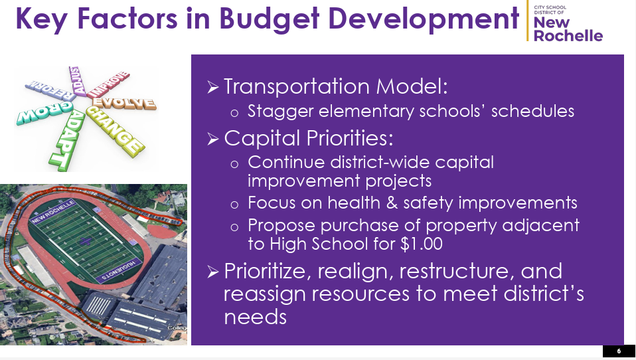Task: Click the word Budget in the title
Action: pos(270,19)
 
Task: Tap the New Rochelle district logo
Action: pos(565,22)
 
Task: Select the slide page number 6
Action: pos(619,351)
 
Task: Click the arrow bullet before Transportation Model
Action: pos(213,87)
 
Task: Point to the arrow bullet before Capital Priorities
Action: pos(213,139)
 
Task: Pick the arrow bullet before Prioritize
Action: pos(213,272)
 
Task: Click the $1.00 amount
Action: pos(421,244)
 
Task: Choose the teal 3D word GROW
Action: pos(44,112)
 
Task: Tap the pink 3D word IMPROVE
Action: pos(109,84)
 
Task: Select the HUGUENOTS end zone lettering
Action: pos(119,270)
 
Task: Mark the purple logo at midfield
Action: pos(85,242)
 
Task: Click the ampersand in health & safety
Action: pos(392,203)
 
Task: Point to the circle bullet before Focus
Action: pos(234,205)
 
